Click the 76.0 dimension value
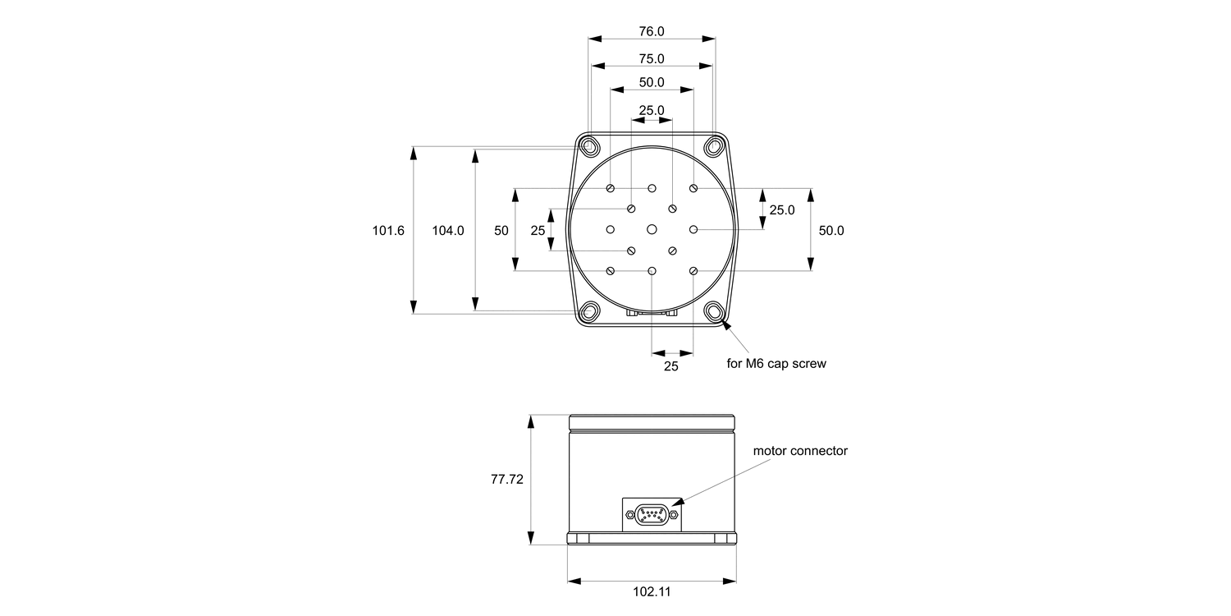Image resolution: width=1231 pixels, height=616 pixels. pos(652,31)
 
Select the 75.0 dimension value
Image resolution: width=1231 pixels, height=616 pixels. pos(652,58)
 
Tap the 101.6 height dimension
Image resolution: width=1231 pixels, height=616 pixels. pos(388,231)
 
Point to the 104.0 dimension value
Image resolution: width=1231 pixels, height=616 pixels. pos(448,231)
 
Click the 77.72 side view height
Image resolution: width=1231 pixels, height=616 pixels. pos(507,479)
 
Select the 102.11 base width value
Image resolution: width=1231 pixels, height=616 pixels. pos(652,591)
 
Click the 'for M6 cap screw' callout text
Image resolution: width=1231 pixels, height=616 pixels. pos(776,364)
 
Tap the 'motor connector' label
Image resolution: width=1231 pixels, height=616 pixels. pos(800,451)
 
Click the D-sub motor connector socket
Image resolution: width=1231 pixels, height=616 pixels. pos(652,515)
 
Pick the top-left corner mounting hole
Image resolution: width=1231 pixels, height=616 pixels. pos(589,147)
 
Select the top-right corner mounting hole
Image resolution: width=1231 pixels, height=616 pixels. pos(714,147)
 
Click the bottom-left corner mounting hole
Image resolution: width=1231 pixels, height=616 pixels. pos(589,312)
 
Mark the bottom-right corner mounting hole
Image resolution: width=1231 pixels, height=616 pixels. pos(714,312)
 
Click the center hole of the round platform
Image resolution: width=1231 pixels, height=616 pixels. pos(652,229)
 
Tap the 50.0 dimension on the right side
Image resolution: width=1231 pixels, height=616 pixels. pos(831,231)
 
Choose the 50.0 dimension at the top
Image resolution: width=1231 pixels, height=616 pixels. pos(652,82)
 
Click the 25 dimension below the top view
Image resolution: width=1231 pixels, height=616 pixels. pos(670,366)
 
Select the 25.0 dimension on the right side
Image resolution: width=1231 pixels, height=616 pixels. pos(781,209)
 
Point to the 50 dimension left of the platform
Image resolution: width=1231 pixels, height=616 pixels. pos(501,231)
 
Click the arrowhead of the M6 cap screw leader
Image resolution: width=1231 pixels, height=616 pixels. pos(725,325)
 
